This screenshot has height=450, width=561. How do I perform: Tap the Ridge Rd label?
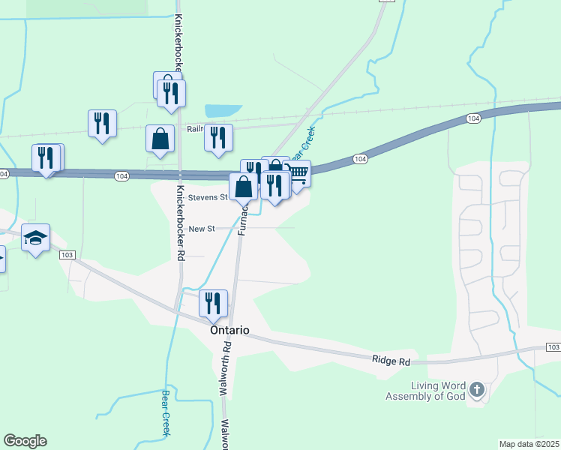pos(391,361)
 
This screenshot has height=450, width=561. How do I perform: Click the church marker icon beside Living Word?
pos(477,390)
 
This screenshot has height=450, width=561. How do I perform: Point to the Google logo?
pos(25,441)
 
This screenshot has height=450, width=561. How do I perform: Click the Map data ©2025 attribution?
pos(529,444)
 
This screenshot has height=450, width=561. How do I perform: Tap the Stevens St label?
pos(208,197)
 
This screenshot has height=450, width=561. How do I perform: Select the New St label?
pos(202,229)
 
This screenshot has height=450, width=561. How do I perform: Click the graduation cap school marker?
pos(36,238)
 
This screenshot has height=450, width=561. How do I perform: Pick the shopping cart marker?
pos(298,174)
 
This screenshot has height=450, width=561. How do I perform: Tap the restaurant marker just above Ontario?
pos(214,302)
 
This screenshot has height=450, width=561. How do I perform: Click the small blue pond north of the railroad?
pos(223,110)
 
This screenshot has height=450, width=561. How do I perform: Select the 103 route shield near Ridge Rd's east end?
pos(553,347)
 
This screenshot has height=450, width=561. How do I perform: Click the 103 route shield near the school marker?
pos(67,255)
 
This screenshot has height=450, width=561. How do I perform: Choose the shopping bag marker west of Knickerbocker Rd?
pos(160,139)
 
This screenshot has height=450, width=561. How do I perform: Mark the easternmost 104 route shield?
pos(472,119)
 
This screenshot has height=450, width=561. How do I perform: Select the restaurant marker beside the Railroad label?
pos(218,138)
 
